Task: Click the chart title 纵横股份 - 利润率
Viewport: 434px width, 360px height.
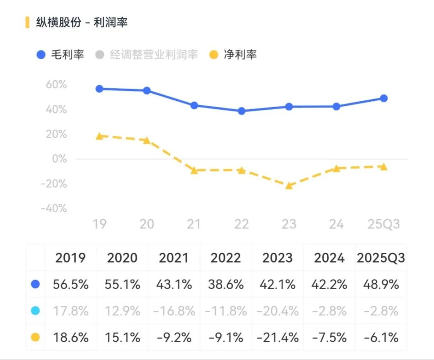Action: coord(82,22)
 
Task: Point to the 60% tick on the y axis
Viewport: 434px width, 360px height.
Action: coord(56,85)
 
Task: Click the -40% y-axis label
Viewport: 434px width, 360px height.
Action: coord(54,209)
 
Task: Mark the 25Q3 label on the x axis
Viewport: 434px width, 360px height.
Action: coord(384,224)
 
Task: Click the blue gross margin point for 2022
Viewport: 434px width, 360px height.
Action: coord(242,111)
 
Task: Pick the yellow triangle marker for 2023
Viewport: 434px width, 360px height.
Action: coord(289,186)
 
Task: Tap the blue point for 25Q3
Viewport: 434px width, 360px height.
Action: coord(384,98)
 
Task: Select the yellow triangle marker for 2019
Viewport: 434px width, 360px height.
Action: coord(100,136)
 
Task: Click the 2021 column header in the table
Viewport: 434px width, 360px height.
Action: coord(174,258)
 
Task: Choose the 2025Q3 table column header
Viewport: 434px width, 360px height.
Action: coord(381,258)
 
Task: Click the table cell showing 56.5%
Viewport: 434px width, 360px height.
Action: coord(71,284)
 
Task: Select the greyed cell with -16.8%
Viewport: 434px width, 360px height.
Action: coord(174,311)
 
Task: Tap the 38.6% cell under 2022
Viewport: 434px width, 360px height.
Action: coord(226,284)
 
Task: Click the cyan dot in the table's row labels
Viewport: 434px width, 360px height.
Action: coord(35,311)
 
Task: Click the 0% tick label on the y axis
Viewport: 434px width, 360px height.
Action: coord(59,159)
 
